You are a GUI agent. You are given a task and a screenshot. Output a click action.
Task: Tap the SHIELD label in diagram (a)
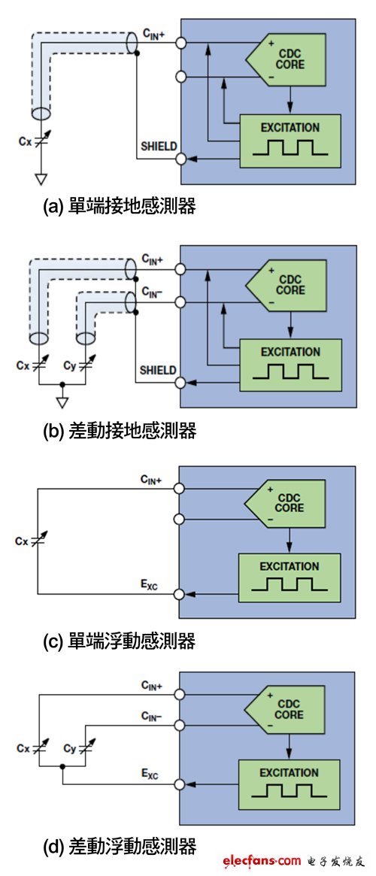pos(158,145)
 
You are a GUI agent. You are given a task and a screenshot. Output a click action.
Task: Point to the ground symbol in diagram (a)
pos(41,179)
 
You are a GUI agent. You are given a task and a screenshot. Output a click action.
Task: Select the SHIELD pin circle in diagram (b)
pos(180,383)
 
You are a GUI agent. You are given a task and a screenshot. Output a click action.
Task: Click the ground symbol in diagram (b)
pos(62,399)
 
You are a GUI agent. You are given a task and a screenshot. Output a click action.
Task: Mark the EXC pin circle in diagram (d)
pos(180,784)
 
